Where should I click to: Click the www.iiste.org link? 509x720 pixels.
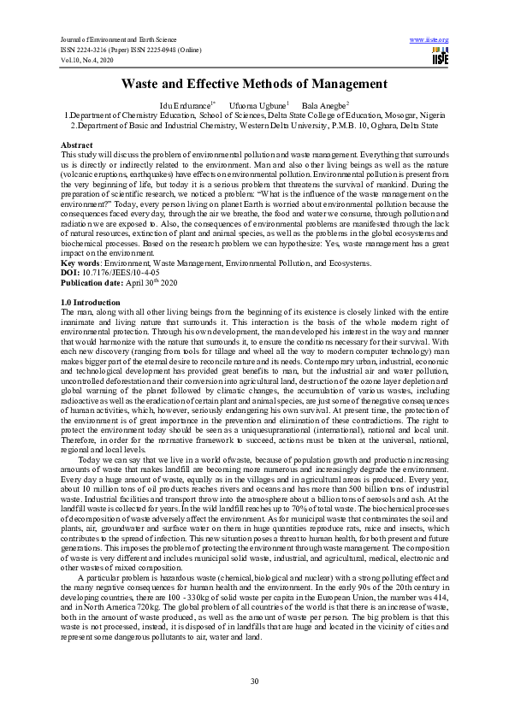[429, 40]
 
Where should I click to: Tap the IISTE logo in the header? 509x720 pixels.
[440, 56]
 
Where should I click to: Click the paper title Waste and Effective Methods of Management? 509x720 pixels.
[254, 84]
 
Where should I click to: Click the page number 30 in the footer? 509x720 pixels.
[254, 680]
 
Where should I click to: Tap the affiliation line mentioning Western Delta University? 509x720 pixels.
[254, 124]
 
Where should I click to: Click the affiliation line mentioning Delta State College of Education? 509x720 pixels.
[254, 115]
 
